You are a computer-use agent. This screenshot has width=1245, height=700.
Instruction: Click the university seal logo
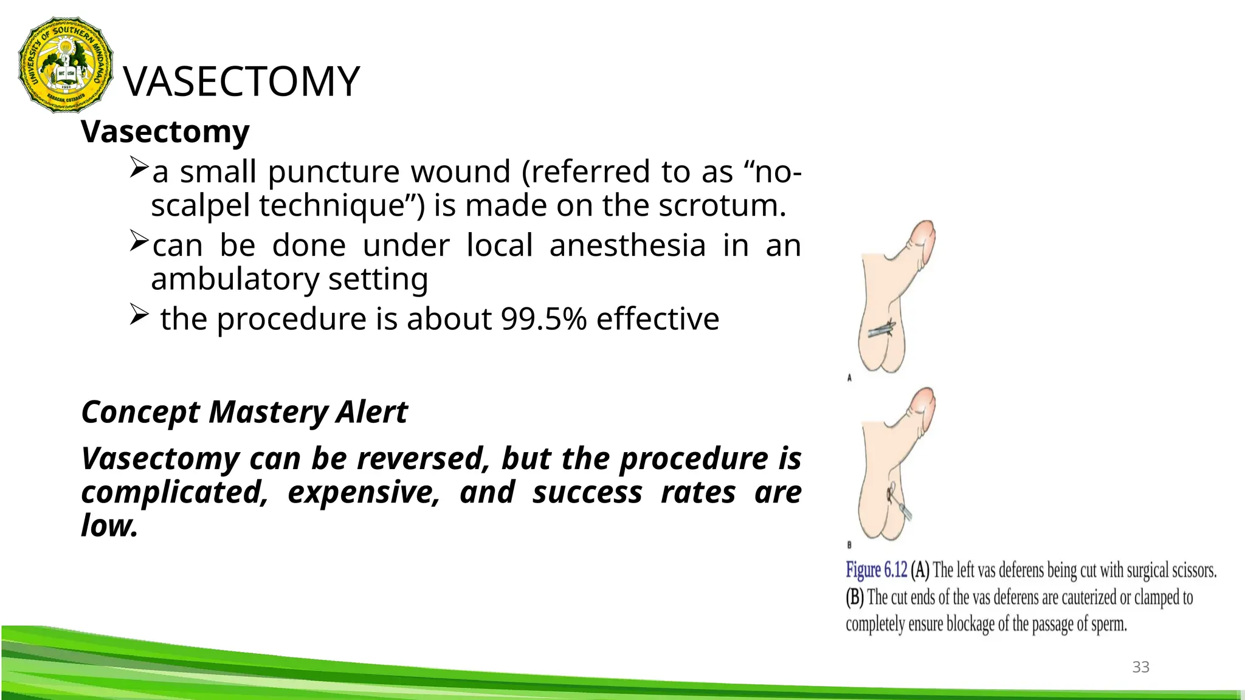coord(66,65)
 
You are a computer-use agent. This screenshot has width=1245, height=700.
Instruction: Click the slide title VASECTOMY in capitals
coord(242,82)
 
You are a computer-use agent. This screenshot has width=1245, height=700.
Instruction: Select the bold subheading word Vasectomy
coord(165,132)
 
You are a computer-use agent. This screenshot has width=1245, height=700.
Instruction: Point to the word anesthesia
coord(627,246)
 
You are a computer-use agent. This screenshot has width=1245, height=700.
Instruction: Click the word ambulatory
coord(235,280)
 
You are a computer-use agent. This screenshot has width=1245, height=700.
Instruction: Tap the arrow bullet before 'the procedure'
coord(139,315)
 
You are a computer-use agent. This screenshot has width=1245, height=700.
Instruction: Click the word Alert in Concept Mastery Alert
coord(371,413)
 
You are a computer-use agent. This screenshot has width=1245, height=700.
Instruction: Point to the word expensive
coord(364,492)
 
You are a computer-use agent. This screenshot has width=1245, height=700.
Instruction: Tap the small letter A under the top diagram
coord(849,378)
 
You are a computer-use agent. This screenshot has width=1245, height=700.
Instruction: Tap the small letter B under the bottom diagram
coord(849,545)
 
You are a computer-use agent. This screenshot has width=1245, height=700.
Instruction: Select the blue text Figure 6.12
coord(876,570)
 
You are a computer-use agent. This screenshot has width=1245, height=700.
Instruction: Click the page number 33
coord(1140,667)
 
